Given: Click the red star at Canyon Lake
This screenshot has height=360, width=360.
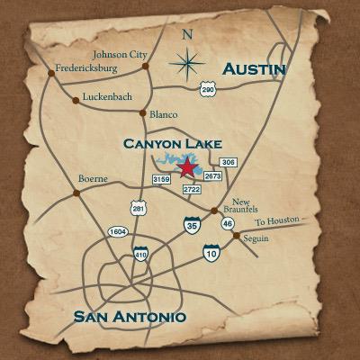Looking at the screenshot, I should click(x=187, y=168).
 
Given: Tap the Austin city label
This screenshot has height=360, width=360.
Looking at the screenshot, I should click(x=254, y=69).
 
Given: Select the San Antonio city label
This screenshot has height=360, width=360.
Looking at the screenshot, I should click(x=130, y=316).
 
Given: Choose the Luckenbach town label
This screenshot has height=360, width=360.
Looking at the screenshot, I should click(x=108, y=95).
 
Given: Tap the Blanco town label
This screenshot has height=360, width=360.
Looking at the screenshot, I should click(x=164, y=114).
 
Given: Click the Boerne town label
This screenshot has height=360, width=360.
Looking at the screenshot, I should click(x=94, y=178).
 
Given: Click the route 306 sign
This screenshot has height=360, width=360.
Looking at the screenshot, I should click(x=228, y=162).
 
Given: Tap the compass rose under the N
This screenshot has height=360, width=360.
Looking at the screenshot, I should click(x=188, y=62).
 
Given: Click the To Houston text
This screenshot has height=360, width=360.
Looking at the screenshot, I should click(x=275, y=221).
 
